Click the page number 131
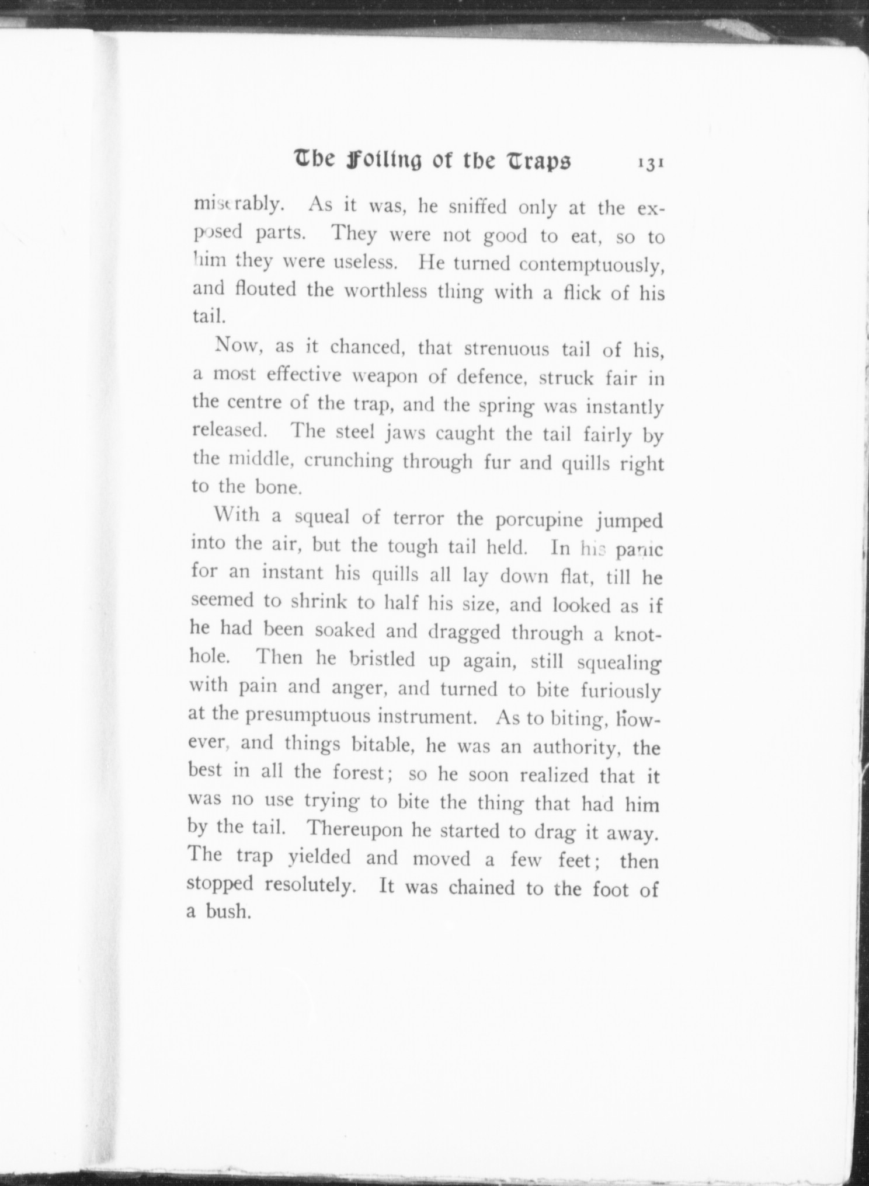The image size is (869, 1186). (x=650, y=164)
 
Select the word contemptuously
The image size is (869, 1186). (x=591, y=264)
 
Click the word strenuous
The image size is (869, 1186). (x=507, y=348)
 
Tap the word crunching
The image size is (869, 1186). (x=349, y=461)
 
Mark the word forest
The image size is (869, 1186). (x=358, y=773)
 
